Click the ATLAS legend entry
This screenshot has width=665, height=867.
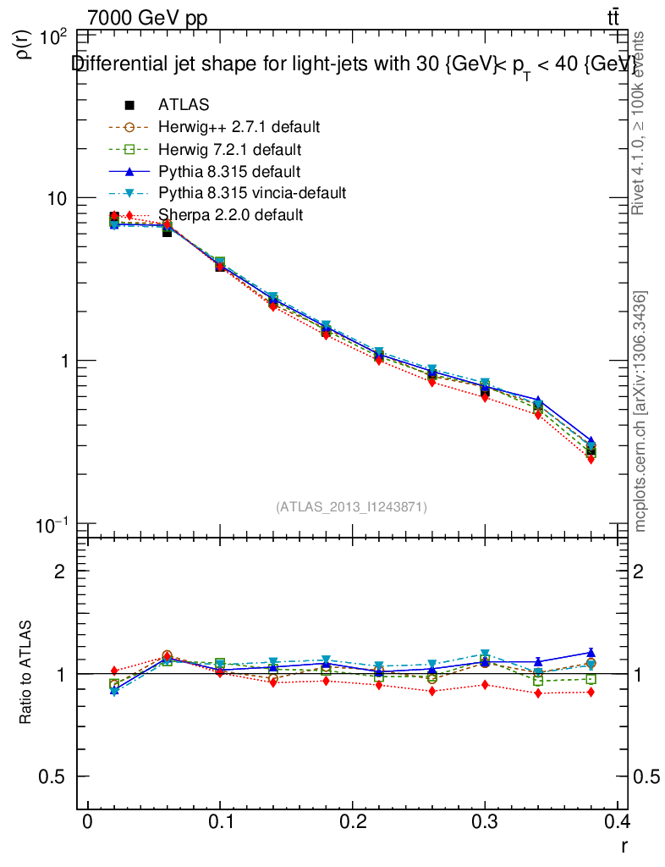183,105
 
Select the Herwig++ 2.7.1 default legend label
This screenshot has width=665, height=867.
238,127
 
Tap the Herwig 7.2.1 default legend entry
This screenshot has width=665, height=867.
229,149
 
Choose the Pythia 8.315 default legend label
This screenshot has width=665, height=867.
228,171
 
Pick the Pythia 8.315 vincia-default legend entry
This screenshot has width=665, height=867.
251,193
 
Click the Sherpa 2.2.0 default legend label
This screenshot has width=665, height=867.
230,215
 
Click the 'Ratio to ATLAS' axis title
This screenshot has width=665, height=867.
27,673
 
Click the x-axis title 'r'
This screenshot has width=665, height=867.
624,844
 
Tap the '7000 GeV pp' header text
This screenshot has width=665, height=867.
147,19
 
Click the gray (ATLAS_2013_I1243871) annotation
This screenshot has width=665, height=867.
351,506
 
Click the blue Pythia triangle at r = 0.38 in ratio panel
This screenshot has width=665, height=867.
591,653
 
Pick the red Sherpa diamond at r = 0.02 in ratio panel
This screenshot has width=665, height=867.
114,671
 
